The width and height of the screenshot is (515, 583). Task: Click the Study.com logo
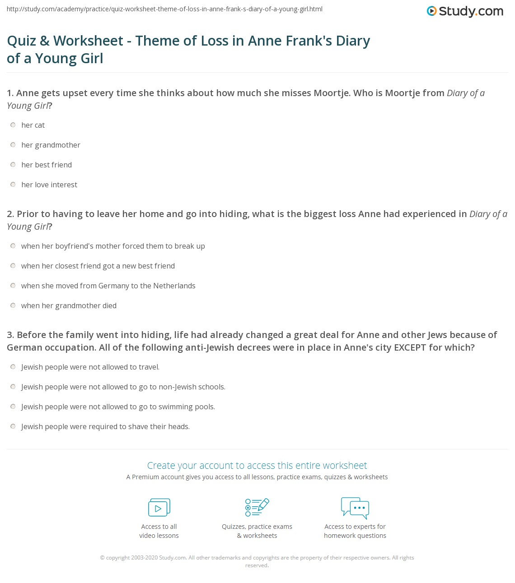(x=465, y=11)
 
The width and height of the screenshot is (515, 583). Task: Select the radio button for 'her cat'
(x=13, y=125)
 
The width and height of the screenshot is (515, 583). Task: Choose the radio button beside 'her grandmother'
(x=13, y=145)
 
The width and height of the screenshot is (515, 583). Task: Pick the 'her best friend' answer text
(x=47, y=165)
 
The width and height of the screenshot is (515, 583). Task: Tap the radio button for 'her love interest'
(x=13, y=185)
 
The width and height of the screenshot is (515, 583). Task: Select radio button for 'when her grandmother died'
(x=13, y=305)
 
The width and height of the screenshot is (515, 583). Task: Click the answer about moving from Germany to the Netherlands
(x=108, y=286)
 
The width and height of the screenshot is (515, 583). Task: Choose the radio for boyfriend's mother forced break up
(x=13, y=246)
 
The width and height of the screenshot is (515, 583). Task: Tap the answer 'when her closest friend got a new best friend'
(x=98, y=266)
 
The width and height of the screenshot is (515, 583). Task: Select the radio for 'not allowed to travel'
(x=13, y=367)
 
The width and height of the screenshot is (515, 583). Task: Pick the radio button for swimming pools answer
(x=13, y=407)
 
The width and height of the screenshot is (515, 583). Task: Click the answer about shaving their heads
(x=105, y=426)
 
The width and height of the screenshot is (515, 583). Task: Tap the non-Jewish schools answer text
(x=123, y=387)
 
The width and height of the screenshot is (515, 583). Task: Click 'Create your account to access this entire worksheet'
(x=257, y=465)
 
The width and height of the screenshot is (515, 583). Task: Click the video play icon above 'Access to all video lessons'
(x=159, y=508)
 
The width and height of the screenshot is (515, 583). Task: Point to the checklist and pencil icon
(x=257, y=507)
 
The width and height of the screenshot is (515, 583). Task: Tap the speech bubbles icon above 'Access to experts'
(x=355, y=508)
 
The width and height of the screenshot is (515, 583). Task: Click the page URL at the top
(x=164, y=9)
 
